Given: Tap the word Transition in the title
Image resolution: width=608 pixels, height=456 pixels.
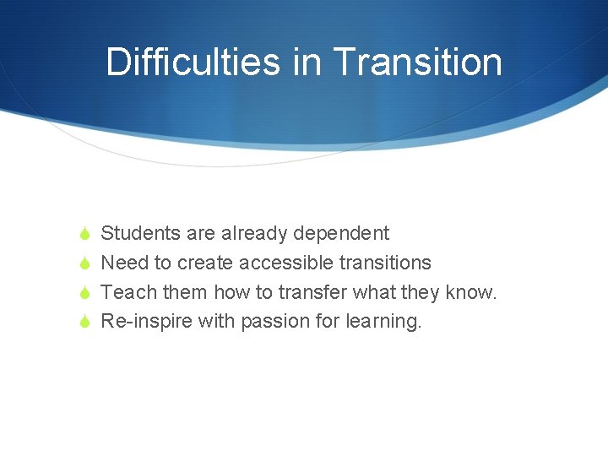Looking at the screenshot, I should coord(417,62).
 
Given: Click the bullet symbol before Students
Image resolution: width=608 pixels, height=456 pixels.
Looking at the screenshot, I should coord(83,234).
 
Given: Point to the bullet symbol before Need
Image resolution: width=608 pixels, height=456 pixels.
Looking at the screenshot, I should coord(83,263).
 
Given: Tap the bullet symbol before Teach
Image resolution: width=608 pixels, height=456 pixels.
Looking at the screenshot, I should coord(83,293).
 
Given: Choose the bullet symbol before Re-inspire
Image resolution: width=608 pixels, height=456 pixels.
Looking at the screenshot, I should coord(83,323).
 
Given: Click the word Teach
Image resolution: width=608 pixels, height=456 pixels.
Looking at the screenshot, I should coord(124,292).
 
